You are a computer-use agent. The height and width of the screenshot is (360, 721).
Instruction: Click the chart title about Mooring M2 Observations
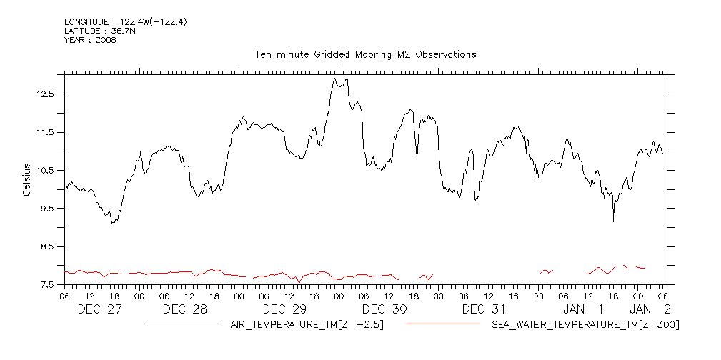click(365, 54)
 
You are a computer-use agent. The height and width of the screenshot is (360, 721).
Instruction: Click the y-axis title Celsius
click(26, 179)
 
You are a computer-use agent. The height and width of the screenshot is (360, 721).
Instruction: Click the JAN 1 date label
click(584, 309)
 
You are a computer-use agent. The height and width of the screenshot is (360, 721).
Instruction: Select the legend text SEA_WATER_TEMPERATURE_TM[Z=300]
click(585, 325)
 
